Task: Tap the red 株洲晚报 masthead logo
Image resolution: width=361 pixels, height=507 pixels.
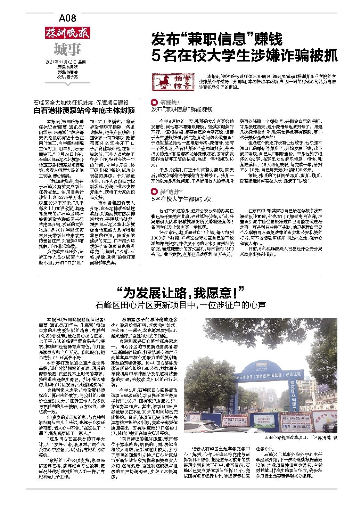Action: point(67,33)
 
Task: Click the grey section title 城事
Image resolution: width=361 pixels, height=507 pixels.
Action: point(67,50)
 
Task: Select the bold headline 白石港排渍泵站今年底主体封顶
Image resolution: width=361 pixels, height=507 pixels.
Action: point(84,111)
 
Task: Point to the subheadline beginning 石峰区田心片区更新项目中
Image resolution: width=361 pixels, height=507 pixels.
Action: point(181,305)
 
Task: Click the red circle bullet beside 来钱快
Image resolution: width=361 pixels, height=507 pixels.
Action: point(154,103)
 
